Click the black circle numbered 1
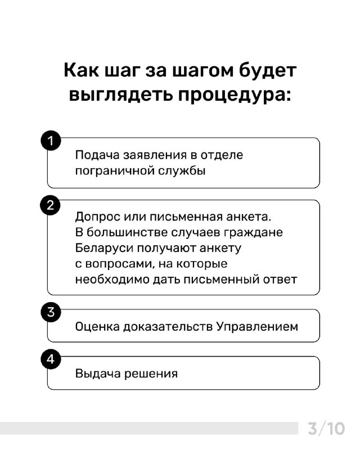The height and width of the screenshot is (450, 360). pyautogui.click(x=51, y=141)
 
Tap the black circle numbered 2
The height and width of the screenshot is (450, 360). pyautogui.click(x=50, y=205)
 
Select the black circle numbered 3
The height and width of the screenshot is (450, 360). pyautogui.click(x=51, y=312)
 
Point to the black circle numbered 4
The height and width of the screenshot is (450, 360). pyautogui.click(x=51, y=359)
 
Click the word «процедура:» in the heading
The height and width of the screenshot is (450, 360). pyautogui.click(x=235, y=95)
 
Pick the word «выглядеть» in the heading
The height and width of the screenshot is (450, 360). pyautogui.click(x=121, y=94)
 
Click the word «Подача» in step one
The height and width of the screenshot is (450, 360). pyautogui.click(x=97, y=155)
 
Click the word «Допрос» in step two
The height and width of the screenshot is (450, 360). pyautogui.click(x=98, y=217)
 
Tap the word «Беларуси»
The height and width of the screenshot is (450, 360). pyautogui.click(x=104, y=248)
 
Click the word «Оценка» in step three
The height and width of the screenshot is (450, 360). pyautogui.click(x=97, y=327)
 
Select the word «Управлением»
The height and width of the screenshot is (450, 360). pyautogui.click(x=257, y=327)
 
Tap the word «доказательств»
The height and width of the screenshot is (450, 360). pyautogui.click(x=168, y=327)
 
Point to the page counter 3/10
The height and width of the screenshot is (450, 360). pyautogui.click(x=326, y=429)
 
